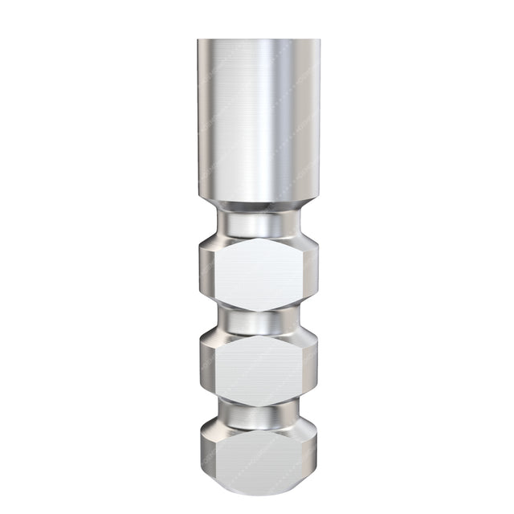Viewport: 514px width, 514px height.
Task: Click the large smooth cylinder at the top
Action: [257, 120]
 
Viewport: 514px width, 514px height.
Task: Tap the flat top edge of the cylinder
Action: [257, 40]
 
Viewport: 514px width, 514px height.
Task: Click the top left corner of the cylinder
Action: [198, 40]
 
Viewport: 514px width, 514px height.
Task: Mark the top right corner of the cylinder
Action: [318, 40]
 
